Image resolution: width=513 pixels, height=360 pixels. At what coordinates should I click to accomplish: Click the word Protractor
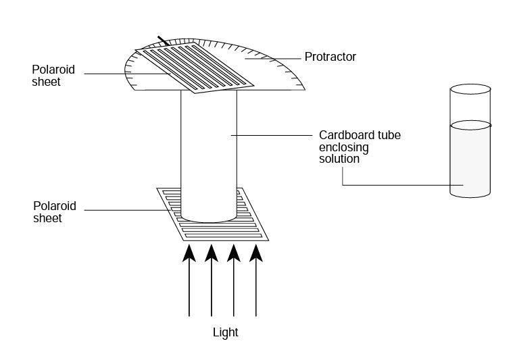330,57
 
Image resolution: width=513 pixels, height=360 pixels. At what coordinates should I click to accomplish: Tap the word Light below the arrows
225,332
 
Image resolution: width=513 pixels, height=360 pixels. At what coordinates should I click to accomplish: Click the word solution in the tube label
339,159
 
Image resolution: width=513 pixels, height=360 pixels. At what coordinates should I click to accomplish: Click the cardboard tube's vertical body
208,149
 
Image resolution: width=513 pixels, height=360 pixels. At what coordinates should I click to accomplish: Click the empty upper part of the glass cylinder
470,107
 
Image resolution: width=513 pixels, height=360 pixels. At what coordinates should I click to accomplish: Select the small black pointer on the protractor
162,41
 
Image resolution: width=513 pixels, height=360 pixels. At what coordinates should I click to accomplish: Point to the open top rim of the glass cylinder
470,88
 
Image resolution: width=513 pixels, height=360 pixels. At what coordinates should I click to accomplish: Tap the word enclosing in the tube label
341,147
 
